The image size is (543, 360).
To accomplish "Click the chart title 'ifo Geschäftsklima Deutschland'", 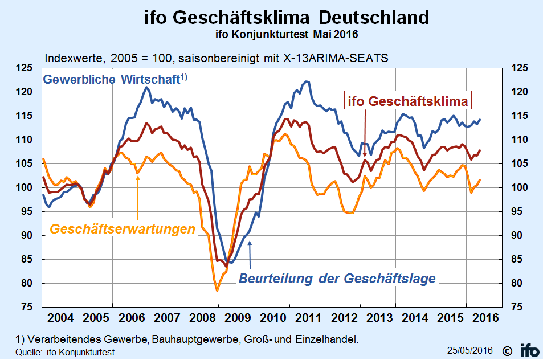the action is tap(287, 17).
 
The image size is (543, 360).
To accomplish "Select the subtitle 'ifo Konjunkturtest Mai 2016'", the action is tap(287, 35).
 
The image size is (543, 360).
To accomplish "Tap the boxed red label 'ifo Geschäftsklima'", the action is tap(407, 101).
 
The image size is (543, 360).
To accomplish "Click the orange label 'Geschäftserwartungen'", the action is tap(123, 229).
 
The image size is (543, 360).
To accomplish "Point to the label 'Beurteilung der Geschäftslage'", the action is tap(337, 279).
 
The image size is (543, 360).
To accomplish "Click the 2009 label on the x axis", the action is tap(238, 317).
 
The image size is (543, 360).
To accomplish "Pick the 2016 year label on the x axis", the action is tap(485, 317).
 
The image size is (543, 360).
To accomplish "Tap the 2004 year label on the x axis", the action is tap(60, 317).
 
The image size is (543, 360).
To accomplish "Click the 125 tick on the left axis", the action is tap(24, 68).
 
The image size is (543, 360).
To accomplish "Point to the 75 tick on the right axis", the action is tap(517, 306).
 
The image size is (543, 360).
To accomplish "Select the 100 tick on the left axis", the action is tap(24, 187).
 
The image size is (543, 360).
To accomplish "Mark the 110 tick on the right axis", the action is tap(520, 140).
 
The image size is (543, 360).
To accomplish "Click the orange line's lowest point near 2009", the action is tap(218, 290).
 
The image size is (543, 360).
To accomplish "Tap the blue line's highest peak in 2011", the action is tap(307, 81).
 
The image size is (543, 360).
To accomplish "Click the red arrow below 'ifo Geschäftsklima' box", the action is tap(365, 133).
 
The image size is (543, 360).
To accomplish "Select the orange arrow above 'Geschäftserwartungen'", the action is tap(138, 198).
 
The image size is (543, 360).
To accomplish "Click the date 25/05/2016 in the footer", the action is tap(469, 350).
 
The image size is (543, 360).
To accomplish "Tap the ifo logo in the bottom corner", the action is tap(530, 350).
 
